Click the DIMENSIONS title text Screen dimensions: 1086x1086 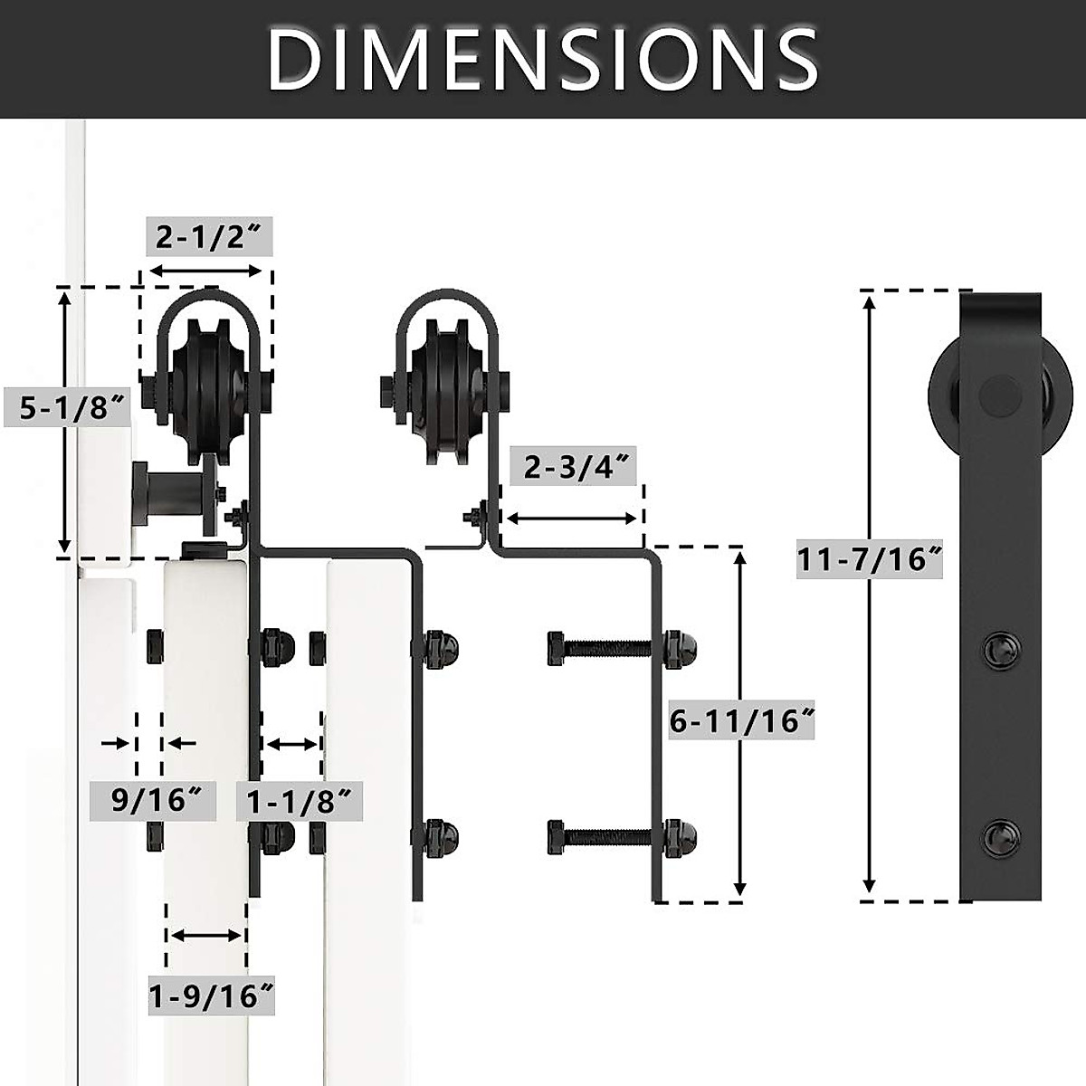pyautogui.click(x=542, y=59)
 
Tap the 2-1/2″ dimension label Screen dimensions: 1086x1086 pyautogui.click(x=209, y=236)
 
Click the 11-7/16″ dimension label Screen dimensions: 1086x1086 pyautogui.click(x=870, y=559)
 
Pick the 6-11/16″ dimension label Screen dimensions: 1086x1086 pyautogui.click(x=741, y=719)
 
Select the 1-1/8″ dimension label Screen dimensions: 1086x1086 pyautogui.click(x=300, y=801)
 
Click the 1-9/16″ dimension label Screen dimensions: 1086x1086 pyautogui.click(x=211, y=995)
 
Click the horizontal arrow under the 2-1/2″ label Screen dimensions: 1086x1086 pyautogui.click(x=205, y=271)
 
